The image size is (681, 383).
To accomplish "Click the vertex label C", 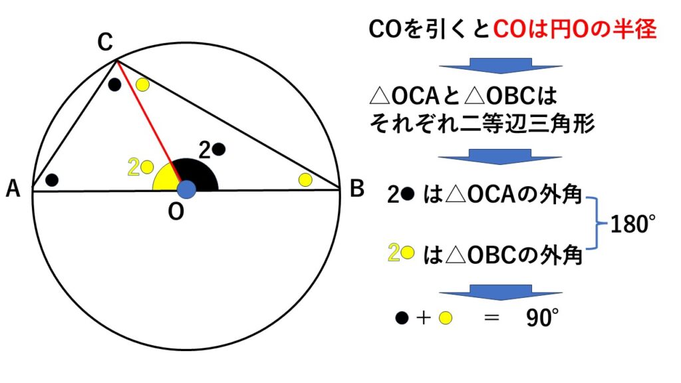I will coord(104,43).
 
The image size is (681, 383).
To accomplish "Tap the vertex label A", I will coord(13,190).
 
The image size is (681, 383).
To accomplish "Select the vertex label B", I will coord(356,190).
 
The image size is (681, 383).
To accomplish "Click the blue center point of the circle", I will coord(187,190).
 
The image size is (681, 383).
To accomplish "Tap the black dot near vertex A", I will coord(52,180).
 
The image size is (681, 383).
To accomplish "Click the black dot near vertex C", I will coord(114,84).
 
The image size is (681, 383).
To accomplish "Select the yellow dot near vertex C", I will coord(142,84).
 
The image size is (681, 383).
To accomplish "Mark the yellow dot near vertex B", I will coord(305,179).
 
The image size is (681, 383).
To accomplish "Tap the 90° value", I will coord(539,319).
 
